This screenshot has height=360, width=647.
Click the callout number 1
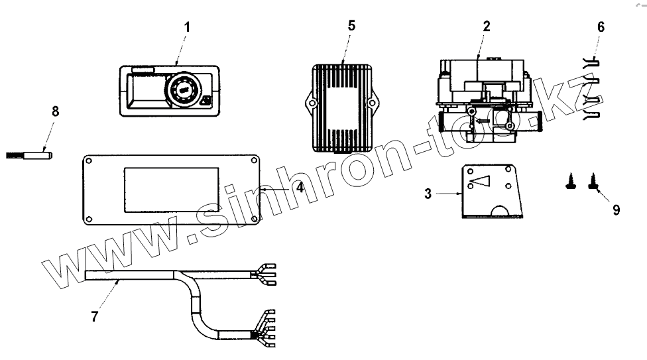[187, 27]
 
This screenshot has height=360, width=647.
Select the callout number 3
[428, 194]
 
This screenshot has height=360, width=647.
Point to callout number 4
[300, 188]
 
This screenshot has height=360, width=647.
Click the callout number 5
[351, 25]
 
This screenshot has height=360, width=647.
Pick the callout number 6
[601, 27]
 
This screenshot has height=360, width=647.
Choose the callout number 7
[94, 316]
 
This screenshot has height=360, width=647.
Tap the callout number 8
[55, 111]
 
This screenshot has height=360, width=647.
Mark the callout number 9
[616, 210]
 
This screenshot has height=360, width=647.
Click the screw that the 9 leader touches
[591, 183]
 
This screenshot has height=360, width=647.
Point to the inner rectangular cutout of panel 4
[172, 190]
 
